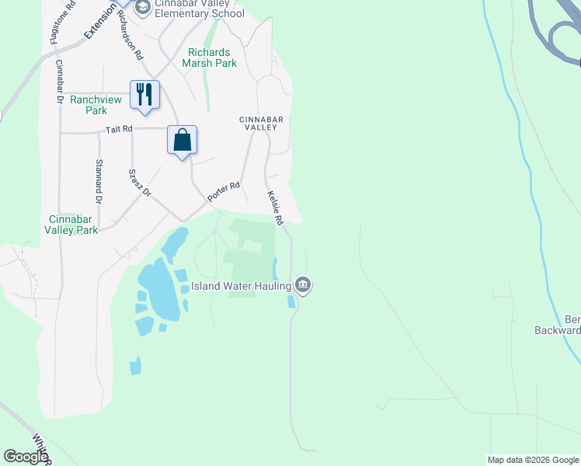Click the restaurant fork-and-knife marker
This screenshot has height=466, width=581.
144,95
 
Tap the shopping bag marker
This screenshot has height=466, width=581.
182,141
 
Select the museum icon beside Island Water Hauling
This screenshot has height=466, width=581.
303,286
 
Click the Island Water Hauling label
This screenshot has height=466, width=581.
245,286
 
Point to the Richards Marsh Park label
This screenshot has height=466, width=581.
207,57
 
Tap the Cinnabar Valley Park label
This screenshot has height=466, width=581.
71,224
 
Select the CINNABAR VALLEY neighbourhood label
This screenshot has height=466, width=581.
262,124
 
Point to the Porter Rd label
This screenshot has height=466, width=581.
224,193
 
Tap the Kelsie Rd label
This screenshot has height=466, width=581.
275,209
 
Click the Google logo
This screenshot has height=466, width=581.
26,457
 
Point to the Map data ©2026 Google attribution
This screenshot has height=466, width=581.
532,460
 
